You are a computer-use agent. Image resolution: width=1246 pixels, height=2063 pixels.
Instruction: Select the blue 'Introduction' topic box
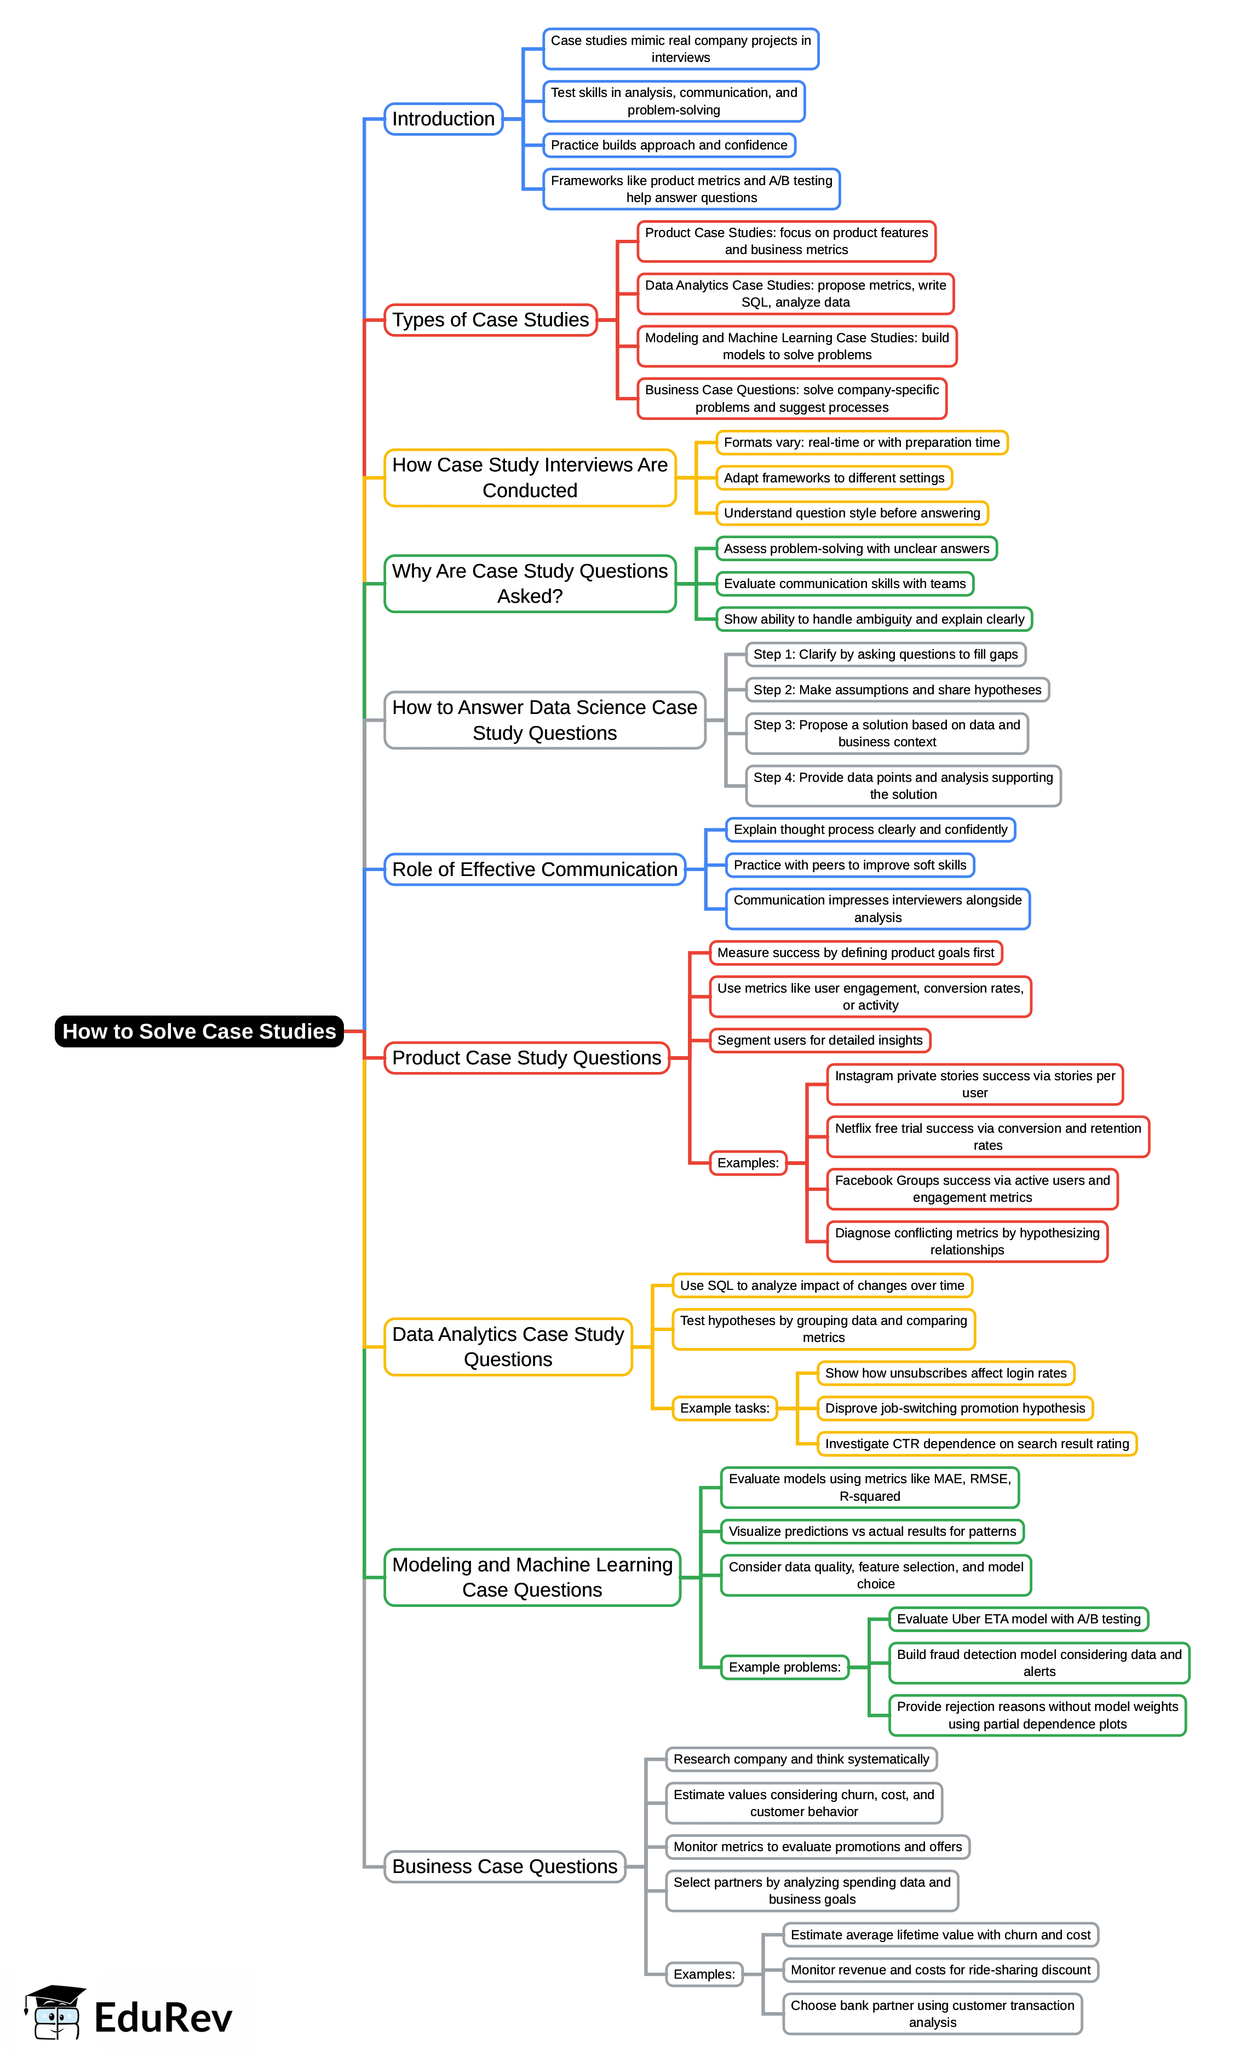click(x=443, y=119)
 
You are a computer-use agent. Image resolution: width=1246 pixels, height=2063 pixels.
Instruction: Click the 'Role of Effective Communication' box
click(x=534, y=869)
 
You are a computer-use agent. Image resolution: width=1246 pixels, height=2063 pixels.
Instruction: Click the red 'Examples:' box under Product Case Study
click(x=748, y=1162)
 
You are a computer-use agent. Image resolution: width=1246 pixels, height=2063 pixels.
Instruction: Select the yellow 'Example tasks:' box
click(x=724, y=1408)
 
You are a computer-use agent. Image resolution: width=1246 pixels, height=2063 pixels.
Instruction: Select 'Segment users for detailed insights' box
click(x=820, y=1040)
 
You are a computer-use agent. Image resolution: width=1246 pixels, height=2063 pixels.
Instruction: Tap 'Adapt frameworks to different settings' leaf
click(x=834, y=477)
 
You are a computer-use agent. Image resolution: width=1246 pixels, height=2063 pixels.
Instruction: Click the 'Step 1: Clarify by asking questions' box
click(x=885, y=654)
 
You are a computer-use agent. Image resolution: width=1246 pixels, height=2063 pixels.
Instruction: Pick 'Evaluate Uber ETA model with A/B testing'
click(x=1018, y=1618)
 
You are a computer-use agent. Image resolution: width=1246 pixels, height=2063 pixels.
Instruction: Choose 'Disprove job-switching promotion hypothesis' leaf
click(x=955, y=1408)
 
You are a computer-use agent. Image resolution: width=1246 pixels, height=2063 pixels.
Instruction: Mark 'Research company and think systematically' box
click(x=801, y=1759)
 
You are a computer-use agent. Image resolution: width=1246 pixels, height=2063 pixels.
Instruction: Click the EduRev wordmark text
click(x=163, y=2017)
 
